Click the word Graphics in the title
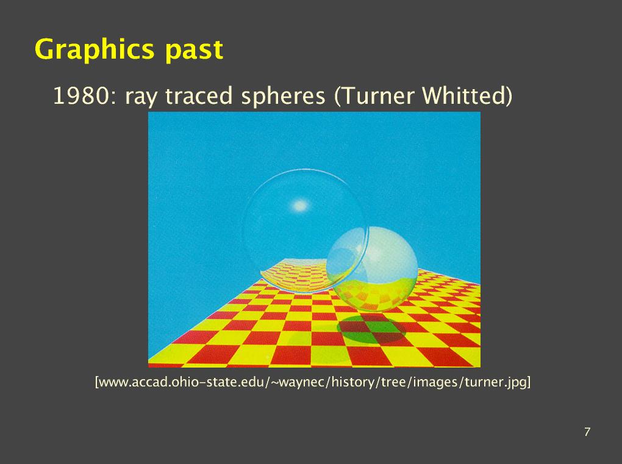click(95, 49)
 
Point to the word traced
click(198, 96)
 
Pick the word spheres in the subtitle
click(283, 97)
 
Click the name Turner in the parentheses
click(374, 96)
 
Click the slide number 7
click(587, 432)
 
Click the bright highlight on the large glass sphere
click(300, 206)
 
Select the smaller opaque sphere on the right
click(372, 269)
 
